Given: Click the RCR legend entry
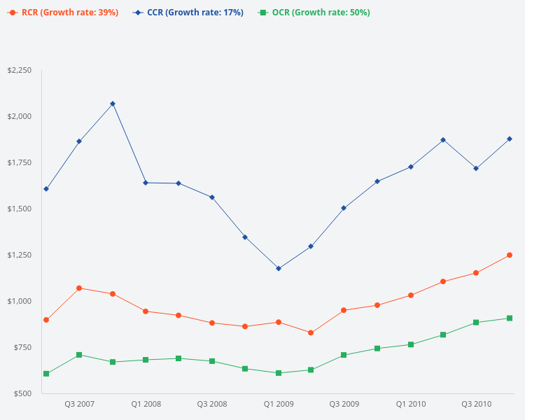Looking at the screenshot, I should [63, 13].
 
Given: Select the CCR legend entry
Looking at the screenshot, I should [188, 13].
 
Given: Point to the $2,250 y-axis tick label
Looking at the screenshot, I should [20, 71].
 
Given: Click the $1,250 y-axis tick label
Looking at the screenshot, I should [20, 255].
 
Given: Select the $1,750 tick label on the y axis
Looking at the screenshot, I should [20, 162].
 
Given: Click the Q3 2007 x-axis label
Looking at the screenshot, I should [79, 404].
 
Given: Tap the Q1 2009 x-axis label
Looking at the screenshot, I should [279, 404].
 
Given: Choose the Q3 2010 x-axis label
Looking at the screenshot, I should [477, 404].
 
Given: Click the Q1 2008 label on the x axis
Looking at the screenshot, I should [146, 404].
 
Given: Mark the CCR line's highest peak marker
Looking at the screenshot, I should [113, 104].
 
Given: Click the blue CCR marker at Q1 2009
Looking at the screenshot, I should [279, 268].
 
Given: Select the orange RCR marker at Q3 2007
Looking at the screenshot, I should [79, 288].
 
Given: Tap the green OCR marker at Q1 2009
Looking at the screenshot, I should [279, 373].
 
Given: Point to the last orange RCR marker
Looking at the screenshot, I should [510, 255].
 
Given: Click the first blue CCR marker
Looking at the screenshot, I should [46, 189].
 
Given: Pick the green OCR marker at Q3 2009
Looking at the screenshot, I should [344, 355].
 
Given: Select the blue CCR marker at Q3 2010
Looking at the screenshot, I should [477, 169].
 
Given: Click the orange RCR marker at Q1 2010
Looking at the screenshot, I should [411, 295].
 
